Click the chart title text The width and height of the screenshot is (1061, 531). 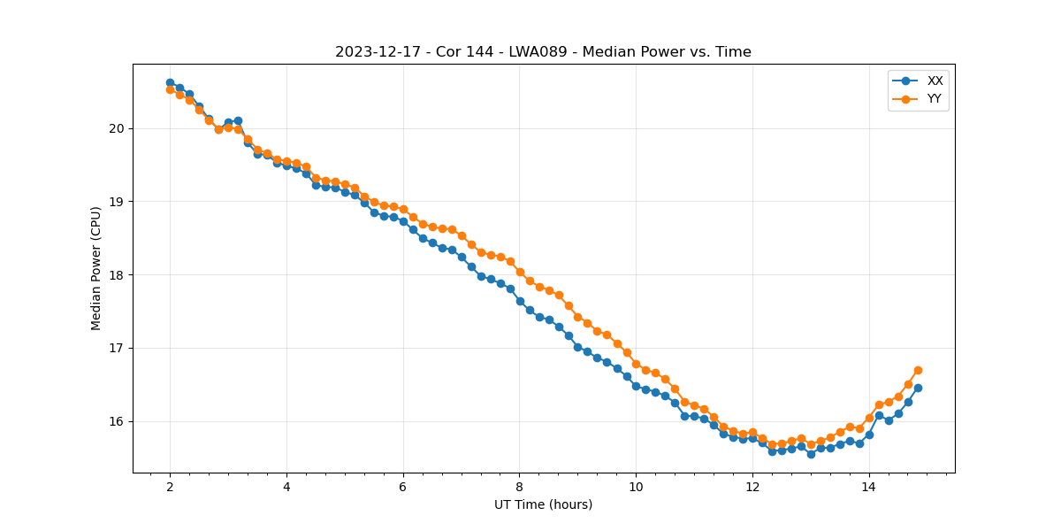pos(543,52)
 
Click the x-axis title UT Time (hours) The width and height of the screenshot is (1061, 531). pos(543,504)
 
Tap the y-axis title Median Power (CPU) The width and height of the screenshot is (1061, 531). pos(95,268)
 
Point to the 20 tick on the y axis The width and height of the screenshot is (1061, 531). pos(117,128)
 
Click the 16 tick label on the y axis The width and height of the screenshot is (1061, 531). pos(117,421)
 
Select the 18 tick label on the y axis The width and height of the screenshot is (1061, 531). pos(117,275)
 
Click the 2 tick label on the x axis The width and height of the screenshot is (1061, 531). pos(170,487)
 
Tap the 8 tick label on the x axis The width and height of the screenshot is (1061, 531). pos(520,487)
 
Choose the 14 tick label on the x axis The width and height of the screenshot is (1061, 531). pos(869,487)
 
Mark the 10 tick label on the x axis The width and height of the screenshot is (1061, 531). pos(636,487)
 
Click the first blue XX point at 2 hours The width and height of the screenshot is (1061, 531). pos(170,83)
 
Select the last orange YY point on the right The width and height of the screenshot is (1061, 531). pos(918,370)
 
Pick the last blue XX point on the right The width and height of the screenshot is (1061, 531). pos(918,388)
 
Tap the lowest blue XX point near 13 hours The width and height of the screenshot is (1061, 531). pos(811,453)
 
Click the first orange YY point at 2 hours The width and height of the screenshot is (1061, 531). pos(170,89)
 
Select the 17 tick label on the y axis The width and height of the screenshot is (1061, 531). pos(117,348)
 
